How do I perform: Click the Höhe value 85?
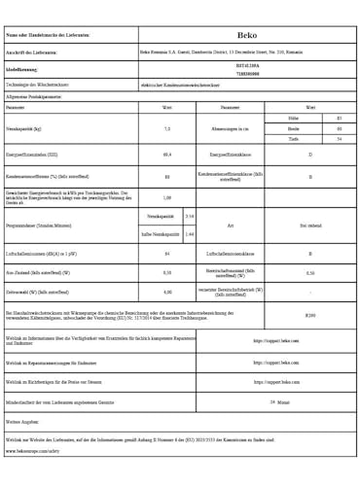point(339,118)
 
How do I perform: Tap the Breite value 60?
point(339,128)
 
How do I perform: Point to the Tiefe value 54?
point(339,139)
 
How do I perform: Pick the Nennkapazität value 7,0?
point(167,128)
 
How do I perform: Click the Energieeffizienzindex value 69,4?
point(167,155)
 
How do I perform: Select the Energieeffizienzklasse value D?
point(310,155)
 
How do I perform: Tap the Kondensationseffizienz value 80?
point(167,177)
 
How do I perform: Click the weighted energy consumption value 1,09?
point(167,197)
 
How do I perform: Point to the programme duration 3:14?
point(189,215)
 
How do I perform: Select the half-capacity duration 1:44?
point(189,234)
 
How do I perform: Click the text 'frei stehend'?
point(310,225)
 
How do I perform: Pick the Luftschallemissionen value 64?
point(167,254)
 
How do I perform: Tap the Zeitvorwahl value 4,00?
point(167,292)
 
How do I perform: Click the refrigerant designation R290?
point(310,315)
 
